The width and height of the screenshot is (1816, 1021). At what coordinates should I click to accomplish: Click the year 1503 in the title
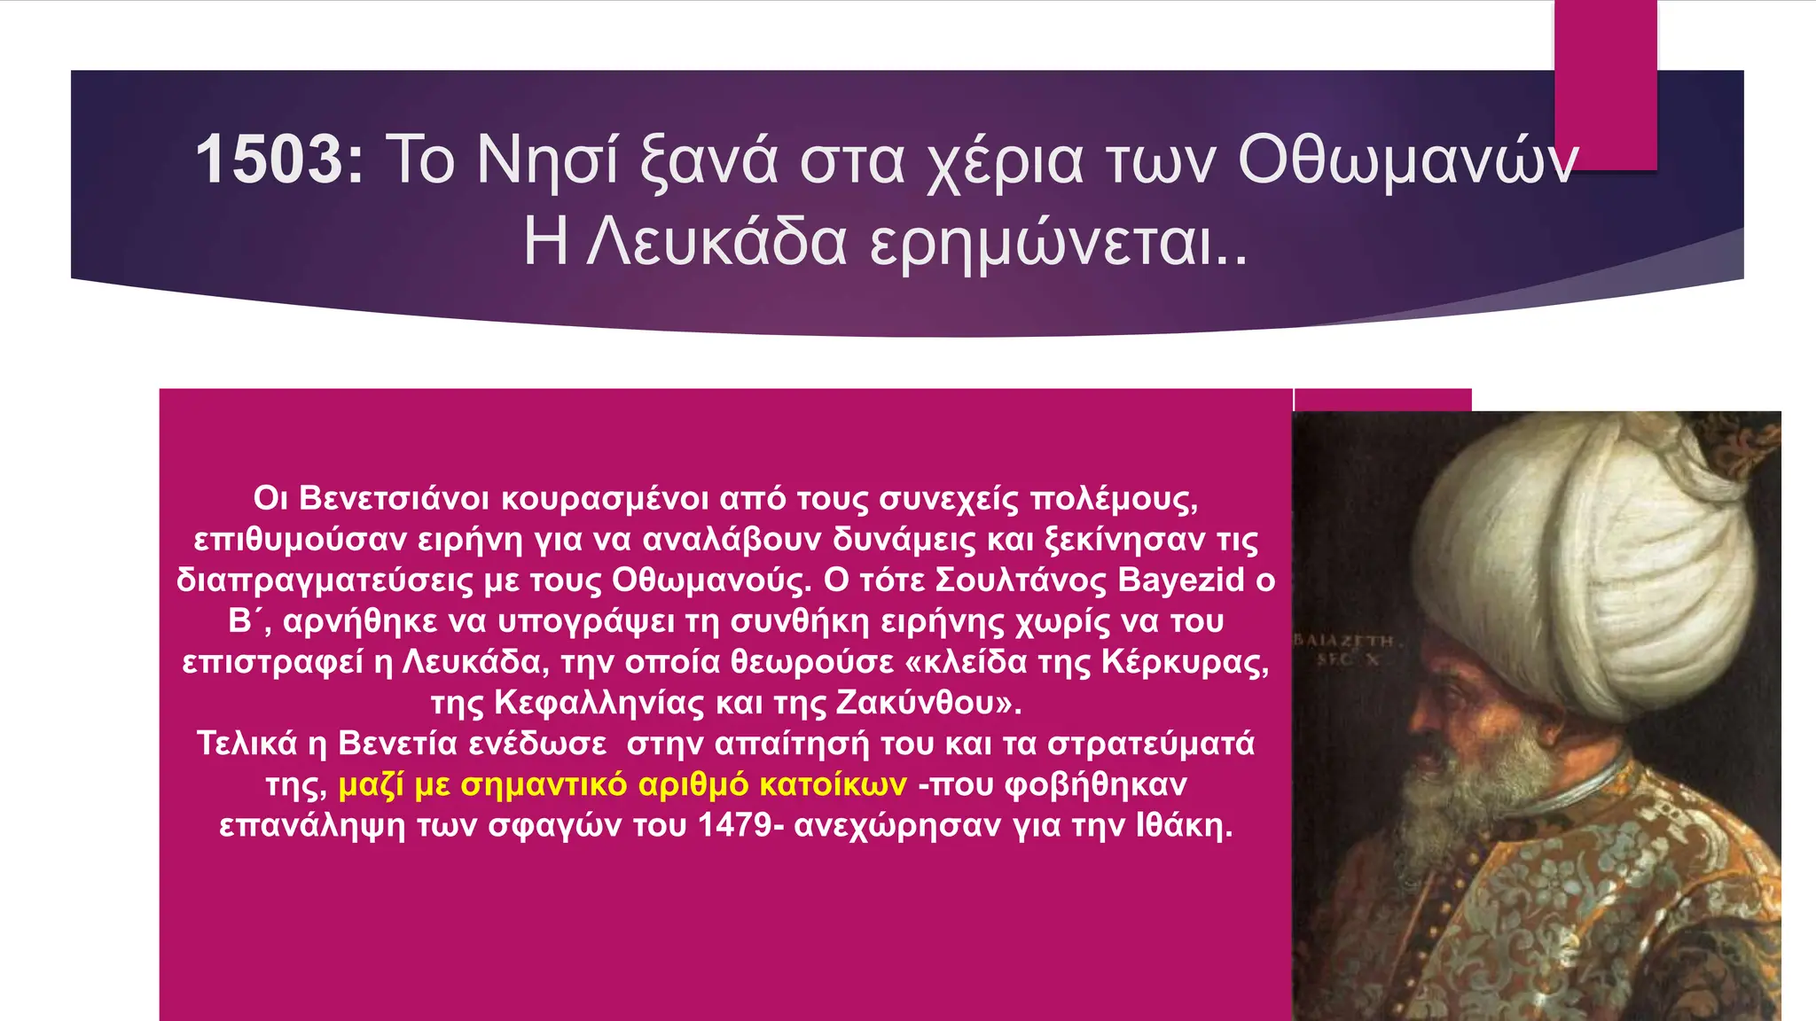278,160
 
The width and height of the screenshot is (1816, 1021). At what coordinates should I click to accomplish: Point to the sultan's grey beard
1490,780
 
